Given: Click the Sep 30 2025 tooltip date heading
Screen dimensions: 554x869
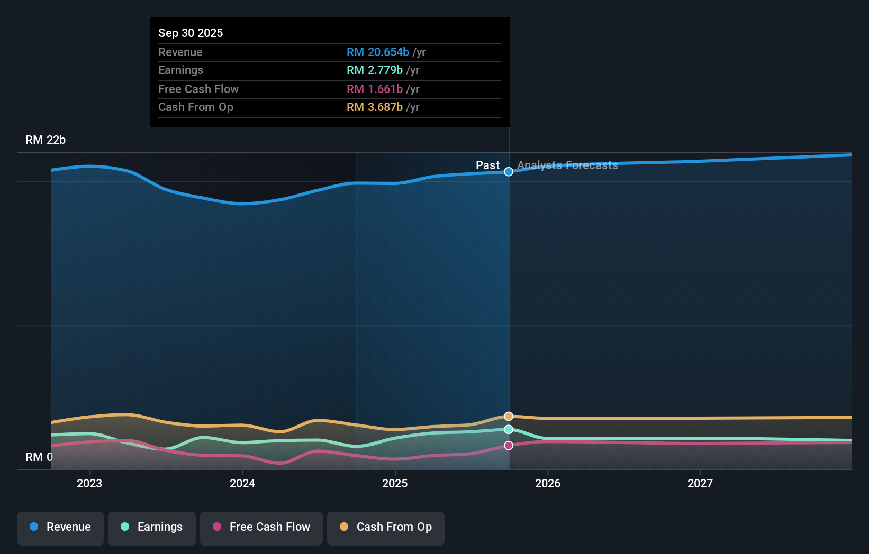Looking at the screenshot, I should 191,33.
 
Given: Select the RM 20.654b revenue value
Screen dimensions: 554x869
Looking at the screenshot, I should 377,52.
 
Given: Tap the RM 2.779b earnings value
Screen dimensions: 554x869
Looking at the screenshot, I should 374,70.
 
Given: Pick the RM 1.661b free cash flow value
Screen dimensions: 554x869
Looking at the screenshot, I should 374,89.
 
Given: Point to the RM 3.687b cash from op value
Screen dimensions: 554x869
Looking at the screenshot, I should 374,107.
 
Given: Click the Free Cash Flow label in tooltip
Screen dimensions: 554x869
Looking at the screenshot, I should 198,89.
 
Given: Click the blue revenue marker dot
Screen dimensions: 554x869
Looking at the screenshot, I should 509,172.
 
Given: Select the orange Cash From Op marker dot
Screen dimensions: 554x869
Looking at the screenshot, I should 509,417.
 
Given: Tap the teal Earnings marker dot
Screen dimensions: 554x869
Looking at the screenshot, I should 509,429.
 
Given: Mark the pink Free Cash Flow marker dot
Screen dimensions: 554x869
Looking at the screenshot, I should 509,446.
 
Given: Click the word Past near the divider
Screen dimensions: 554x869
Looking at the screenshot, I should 487,165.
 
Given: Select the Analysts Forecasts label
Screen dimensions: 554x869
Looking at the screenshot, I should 567,165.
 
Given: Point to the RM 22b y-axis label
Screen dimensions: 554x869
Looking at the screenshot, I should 46,140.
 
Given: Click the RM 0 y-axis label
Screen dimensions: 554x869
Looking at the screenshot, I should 39,457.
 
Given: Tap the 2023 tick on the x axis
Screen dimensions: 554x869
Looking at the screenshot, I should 89,483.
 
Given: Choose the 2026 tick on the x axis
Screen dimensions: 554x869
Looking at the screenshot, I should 548,483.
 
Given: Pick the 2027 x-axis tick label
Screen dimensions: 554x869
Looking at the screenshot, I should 700,483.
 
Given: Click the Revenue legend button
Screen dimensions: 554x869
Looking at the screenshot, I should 60,527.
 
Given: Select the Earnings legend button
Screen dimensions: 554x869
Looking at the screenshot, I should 152,527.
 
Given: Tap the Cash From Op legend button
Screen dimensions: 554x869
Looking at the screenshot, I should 386,527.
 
